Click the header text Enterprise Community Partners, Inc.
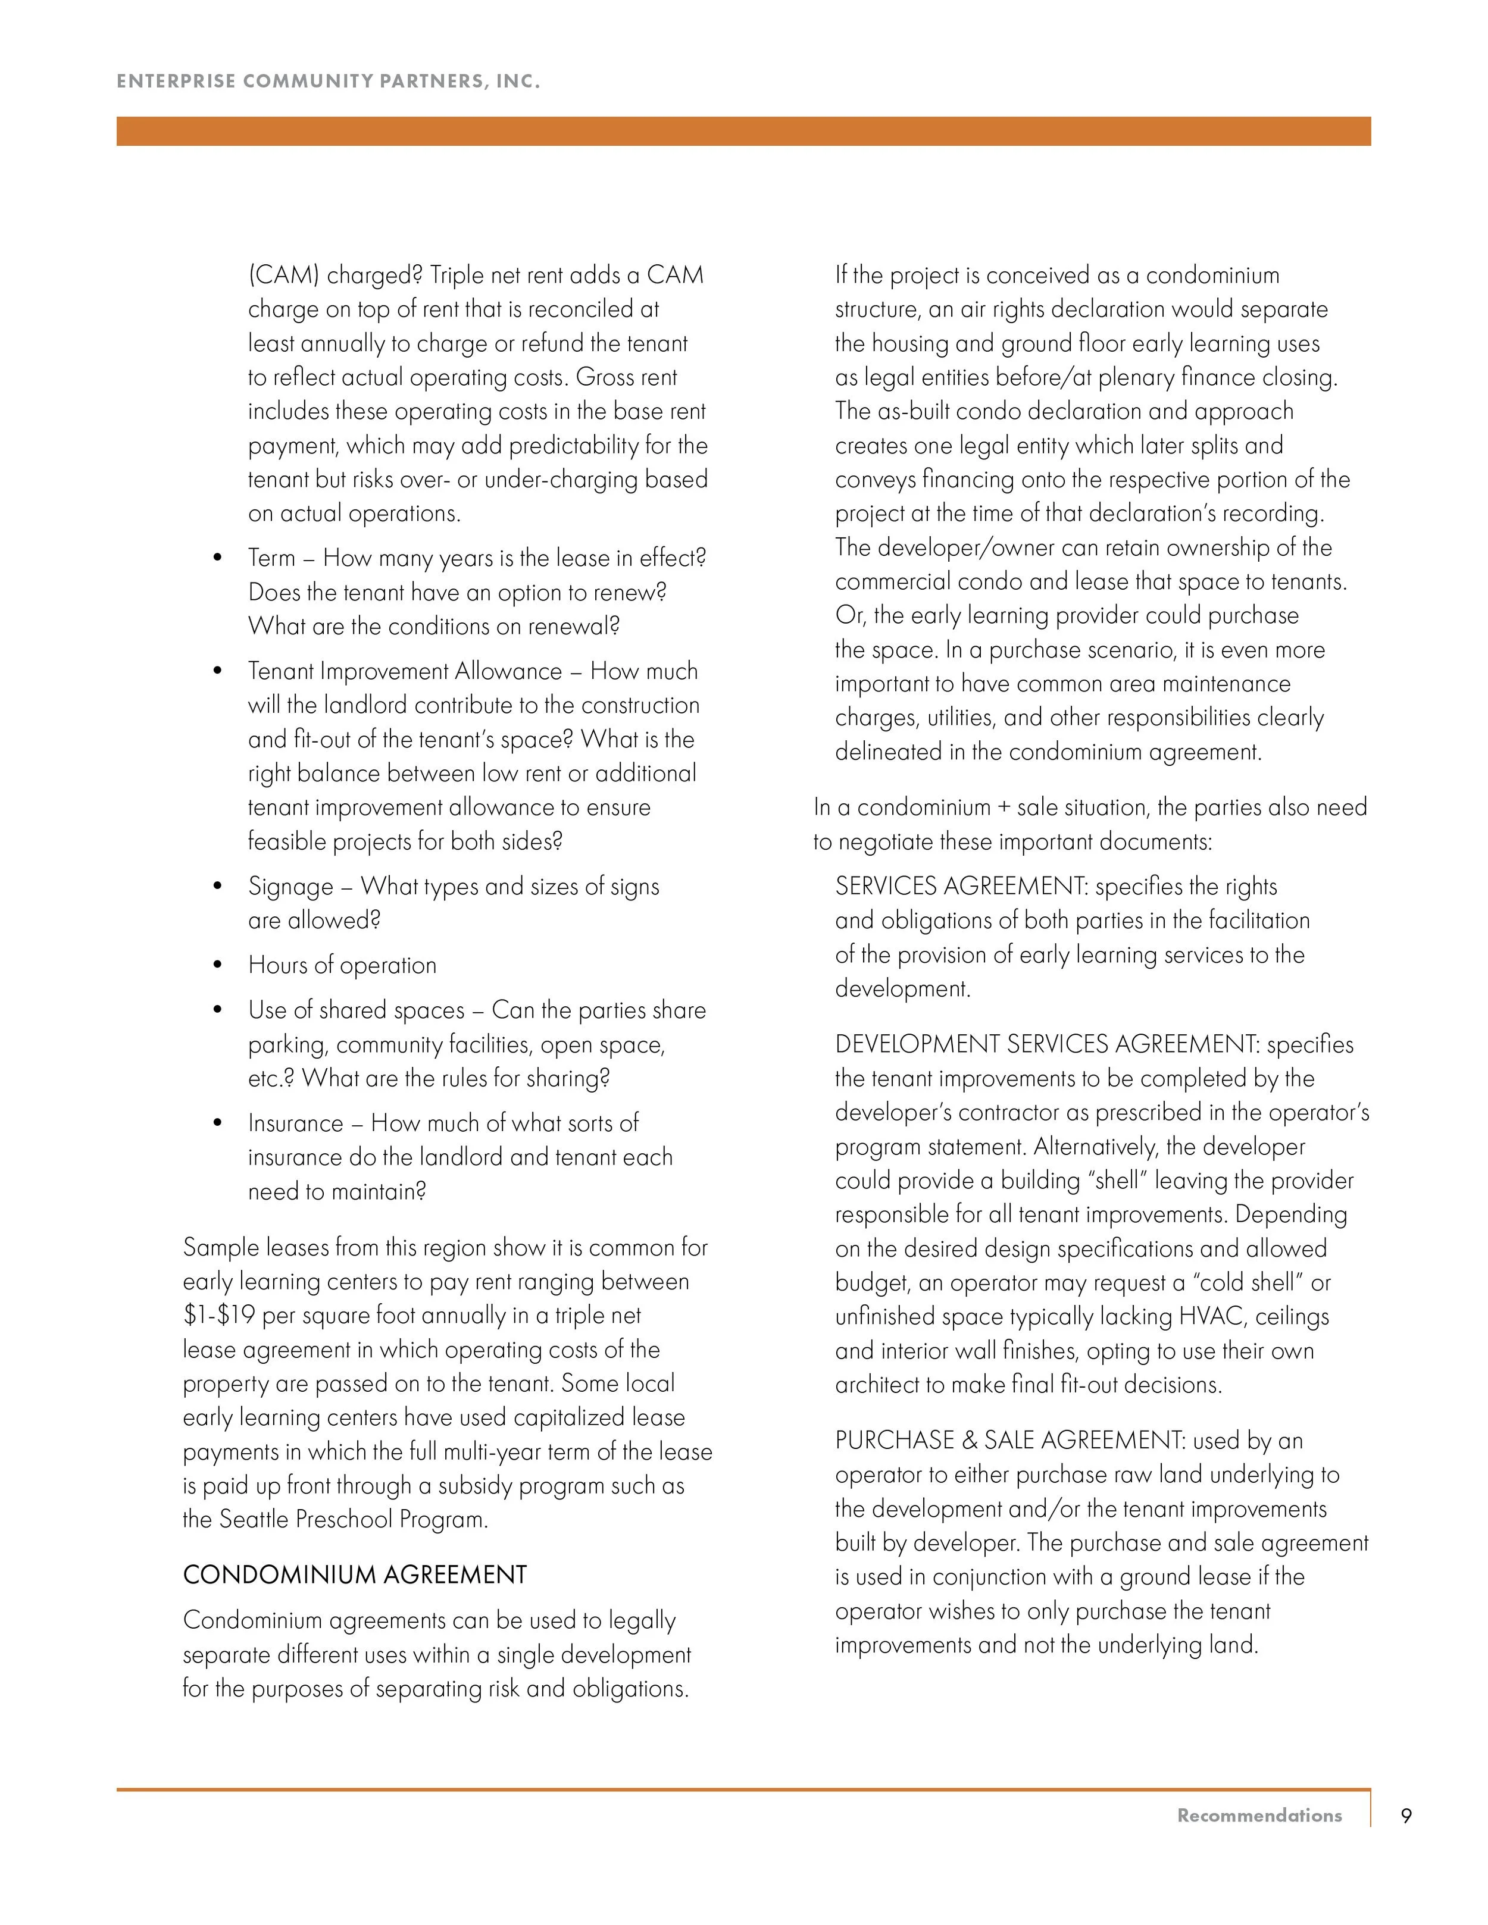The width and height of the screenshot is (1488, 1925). [328, 81]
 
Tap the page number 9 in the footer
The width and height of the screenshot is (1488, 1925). [1406, 1816]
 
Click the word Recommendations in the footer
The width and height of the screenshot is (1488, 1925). [1259, 1816]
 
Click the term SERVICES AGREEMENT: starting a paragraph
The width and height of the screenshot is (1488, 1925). [961, 887]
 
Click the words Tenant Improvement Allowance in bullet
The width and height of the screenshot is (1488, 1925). [405, 672]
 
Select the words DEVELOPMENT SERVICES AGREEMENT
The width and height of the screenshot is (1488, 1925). [1047, 1044]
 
